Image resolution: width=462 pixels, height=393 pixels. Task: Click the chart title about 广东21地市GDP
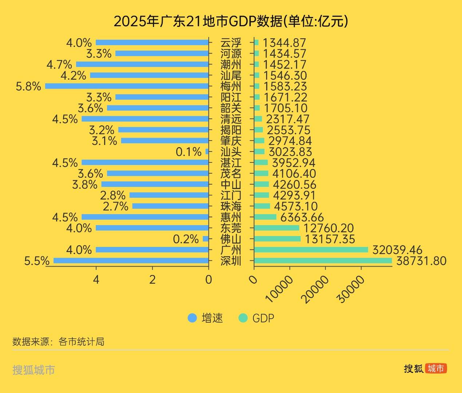click(x=231, y=21)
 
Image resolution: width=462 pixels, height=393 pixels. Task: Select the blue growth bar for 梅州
click(x=127, y=86)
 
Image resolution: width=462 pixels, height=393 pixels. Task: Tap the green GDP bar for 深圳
click(x=323, y=261)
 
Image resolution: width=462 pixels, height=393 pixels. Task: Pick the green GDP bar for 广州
click(x=311, y=250)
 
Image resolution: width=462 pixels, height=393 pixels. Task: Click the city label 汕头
click(x=231, y=152)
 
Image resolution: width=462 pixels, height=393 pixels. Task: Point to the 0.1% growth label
click(x=188, y=152)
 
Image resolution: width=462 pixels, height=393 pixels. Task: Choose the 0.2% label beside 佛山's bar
click(x=186, y=239)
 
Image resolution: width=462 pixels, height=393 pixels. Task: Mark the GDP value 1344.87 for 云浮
click(x=284, y=43)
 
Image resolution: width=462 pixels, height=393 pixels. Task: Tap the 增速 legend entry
click(x=205, y=318)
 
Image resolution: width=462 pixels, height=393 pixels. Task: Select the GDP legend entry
click(x=257, y=318)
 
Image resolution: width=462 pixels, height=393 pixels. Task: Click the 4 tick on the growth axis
click(x=96, y=279)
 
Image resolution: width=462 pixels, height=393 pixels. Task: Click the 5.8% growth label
click(x=28, y=86)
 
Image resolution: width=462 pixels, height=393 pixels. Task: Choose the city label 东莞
click(x=231, y=228)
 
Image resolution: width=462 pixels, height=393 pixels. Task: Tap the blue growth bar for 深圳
click(x=131, y=261)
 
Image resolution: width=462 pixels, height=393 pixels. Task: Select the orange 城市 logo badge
click(x=436, y=368)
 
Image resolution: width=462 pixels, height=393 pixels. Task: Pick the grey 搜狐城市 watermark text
click(x=33, y=370)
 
